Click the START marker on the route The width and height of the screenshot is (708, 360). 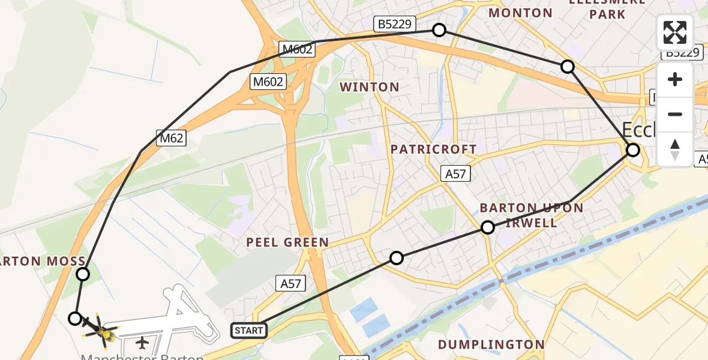click(249, 330)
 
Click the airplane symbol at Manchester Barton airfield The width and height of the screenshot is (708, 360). click(142, 343)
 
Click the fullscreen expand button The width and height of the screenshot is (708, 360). click(675, 32)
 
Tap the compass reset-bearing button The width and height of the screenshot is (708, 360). click(675, 149)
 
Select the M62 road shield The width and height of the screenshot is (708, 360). click(171, 137)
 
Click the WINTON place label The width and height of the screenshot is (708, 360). click(370, 88)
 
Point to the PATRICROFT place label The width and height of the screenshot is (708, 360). click(434, 149)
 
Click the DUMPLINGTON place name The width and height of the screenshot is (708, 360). click(491, 344)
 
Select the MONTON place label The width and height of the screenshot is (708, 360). click(521, 13)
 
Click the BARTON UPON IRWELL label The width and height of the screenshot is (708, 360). click(532, 215)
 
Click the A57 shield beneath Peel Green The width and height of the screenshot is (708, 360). click(290, 283)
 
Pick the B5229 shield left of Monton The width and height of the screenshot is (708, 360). click(393, 23)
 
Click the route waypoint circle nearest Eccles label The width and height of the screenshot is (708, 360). click(633, 150)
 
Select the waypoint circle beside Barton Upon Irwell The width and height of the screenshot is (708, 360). click(488, 227)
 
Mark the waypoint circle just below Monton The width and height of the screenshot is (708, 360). click(567, 67)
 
